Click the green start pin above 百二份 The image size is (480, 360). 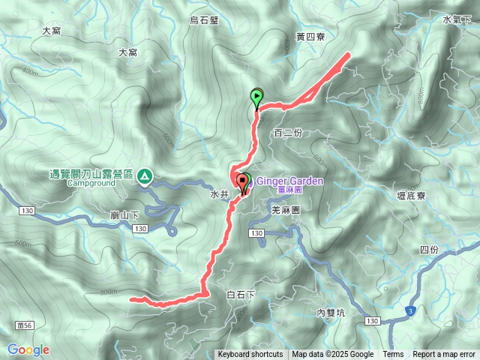257,97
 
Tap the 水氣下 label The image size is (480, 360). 456,20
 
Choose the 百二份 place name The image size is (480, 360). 288,133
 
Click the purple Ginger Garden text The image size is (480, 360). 290,181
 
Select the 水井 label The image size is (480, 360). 218,193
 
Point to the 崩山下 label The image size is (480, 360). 124,215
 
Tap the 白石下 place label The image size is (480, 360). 241,295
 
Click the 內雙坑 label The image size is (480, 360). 329,313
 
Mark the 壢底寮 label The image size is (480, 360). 410,196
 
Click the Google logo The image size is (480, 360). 28,350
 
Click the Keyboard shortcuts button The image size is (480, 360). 250,355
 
